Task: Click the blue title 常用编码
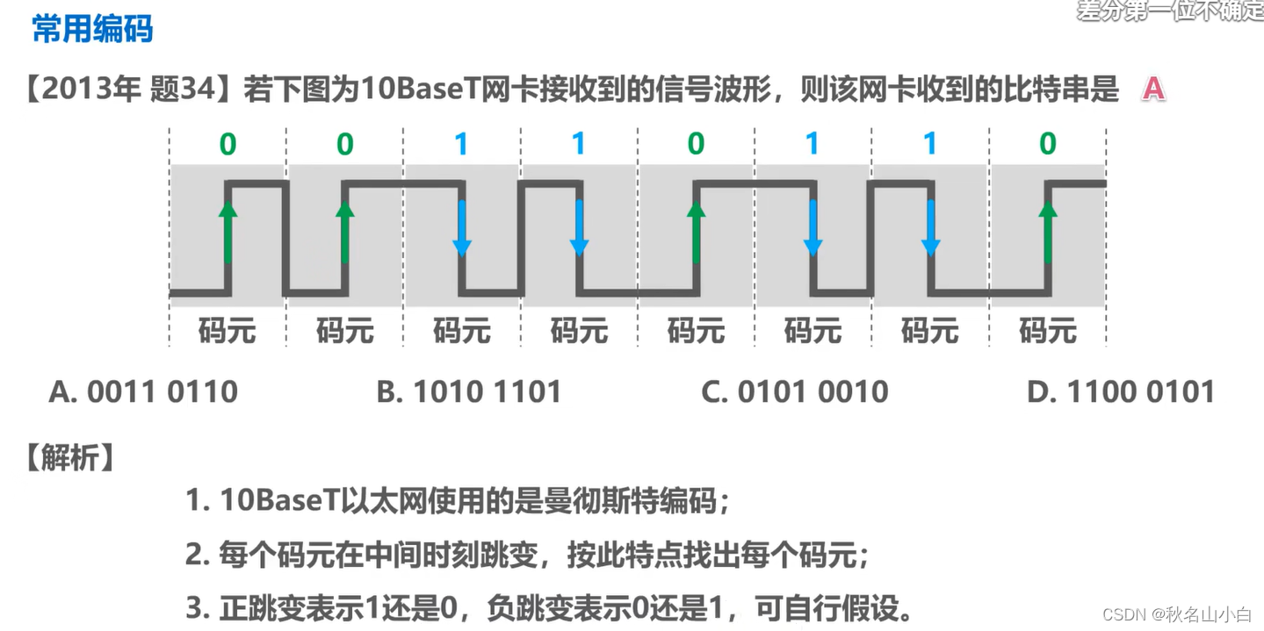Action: coord(92,29)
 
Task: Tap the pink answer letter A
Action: coord(1153,89)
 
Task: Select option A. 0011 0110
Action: coord(143,391)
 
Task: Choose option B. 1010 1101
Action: coord(468,391)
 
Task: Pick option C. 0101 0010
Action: coord(794,391)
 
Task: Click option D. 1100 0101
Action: coord(1120,391)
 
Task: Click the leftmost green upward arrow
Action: coord(228,232)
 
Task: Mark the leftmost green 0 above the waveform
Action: coord(228,144)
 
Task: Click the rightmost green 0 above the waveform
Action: coord(1047,144)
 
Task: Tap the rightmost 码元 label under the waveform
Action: coord(1047,331)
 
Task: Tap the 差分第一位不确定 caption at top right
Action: coord(1170,11)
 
